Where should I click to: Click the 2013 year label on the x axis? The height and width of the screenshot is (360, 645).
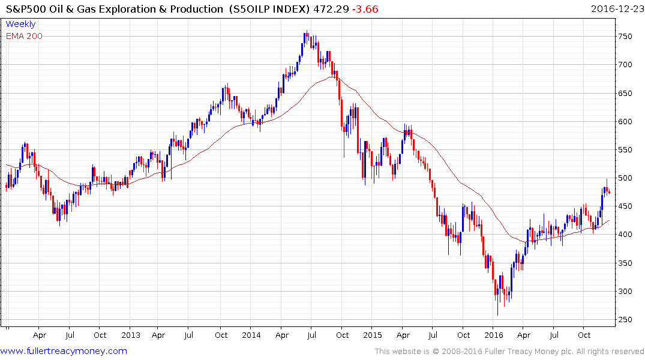[130, 335]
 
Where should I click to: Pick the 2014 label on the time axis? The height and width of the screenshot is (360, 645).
[251, 335]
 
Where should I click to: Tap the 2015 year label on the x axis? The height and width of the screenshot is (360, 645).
[372, 335]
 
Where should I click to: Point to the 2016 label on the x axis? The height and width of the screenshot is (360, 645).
[493, 335]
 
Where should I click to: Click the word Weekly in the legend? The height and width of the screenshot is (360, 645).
[20, 25]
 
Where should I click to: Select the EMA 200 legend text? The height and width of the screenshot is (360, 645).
[24, 36]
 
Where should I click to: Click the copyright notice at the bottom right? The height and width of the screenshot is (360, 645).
[509, 352]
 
